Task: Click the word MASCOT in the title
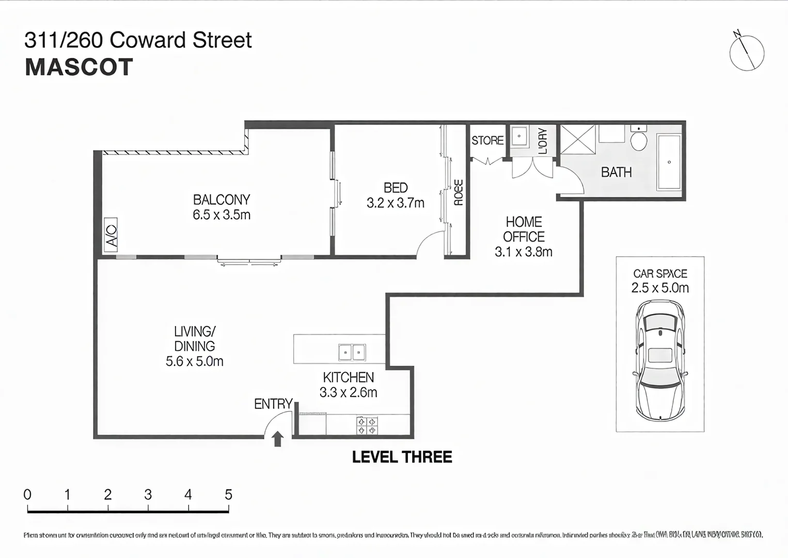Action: [x=79, y=68]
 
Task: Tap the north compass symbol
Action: [x=747, y=53]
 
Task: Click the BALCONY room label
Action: [x=222, y=200]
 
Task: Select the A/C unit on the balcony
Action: [x=111, y=235]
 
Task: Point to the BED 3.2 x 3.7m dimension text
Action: [x=396, y=203]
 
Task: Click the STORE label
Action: [x=487, y=141]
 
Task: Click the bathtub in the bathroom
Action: [x=669, y=162]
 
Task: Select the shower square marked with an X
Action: [x=578, y=139]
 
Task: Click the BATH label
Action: [x=616, y=173]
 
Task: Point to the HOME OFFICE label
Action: [x=524, y=229]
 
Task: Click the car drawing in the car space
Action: [x=660, y=360]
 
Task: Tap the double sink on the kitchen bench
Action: [x=352, y=352]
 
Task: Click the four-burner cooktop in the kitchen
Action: [x=367, y=426]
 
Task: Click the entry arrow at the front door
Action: [x=278, y=439]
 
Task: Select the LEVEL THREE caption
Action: [x=402, y=457]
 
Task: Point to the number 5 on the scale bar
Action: [x=228, y=495]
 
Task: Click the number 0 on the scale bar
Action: [x=27, y=495]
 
